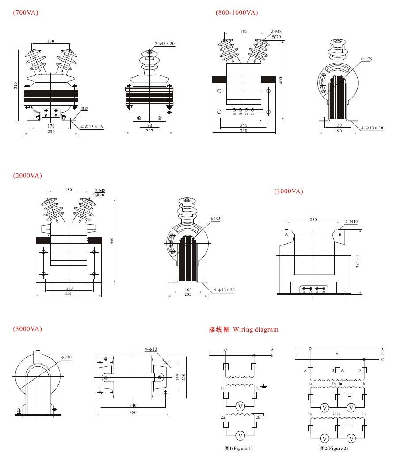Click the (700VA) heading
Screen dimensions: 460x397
click(x=26, y=12)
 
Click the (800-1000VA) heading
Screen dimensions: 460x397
click(x=237, y=12)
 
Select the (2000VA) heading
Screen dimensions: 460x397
click(x=27, y=176)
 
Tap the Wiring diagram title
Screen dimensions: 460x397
click(x=244, y=329)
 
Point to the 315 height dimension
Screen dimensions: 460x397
click(x=15, y=85)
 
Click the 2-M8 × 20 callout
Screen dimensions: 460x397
click(x=164, y=44)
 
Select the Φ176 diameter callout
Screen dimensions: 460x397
click(x=366, y=59)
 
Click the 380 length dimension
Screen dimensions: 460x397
click(x=133, y=413)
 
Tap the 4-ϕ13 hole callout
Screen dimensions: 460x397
click(x=151, y=350)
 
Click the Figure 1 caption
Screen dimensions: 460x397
click(x=239, y=449)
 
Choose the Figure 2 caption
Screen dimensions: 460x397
click(x=334, y=449)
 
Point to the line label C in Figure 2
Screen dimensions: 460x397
click(x=382, y=360)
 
